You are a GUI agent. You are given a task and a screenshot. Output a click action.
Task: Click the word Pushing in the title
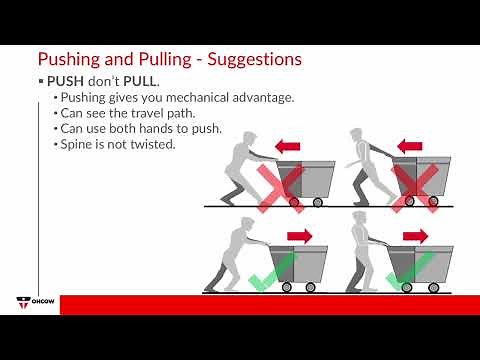(x=69, y=60)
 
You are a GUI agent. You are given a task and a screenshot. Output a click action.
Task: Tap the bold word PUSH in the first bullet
(x=67, y=80)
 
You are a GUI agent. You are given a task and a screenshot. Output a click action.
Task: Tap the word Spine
(x=78, y=145)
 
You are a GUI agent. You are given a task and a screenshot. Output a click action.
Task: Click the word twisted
(x=155, y=145)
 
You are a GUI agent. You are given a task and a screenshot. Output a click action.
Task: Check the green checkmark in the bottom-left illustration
(x=271, y=272)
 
